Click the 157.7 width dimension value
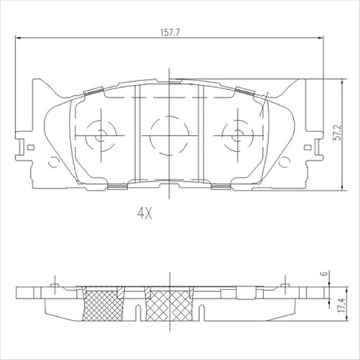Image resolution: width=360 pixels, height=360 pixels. (170, 32)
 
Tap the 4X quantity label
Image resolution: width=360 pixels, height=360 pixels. (147, 213)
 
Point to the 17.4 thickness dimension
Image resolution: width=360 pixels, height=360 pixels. (335, 304)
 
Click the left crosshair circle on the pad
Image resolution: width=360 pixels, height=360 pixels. (100, 134)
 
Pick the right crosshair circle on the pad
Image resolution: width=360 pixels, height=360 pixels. (236, 134)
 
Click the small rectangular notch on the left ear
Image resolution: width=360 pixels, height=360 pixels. (32, 147)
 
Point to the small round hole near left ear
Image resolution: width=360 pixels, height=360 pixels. (51, 162)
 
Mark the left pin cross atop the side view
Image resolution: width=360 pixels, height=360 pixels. (55, 285)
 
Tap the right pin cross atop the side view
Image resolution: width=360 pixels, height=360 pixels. (285, 285)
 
